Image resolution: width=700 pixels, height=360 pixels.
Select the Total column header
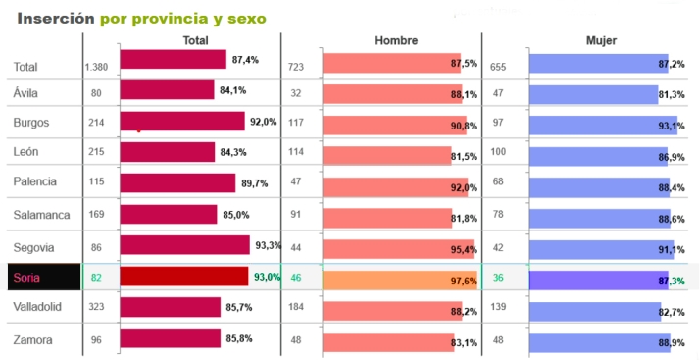click(196, 40)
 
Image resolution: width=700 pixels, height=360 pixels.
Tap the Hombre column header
click(396, 40)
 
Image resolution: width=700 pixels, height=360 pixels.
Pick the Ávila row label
click(25, 93)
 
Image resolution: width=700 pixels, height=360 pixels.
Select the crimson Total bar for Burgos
click(181, 122)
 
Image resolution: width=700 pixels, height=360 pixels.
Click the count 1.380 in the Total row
click(96, 67)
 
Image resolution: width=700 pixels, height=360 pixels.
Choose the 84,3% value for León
click(232, 152)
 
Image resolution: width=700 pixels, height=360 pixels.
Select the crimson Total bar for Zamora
click(170, 338)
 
